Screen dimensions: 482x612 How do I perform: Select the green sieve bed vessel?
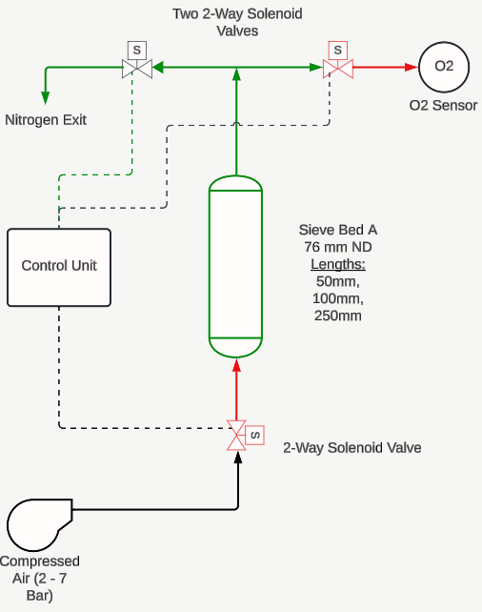235,267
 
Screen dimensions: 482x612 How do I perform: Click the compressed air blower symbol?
39,524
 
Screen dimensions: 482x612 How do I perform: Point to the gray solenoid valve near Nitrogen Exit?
137,69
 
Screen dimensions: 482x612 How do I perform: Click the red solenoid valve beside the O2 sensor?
338,69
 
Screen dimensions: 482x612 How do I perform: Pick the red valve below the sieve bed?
236,436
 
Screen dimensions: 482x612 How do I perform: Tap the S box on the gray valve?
137,51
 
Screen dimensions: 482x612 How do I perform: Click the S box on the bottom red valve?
255,436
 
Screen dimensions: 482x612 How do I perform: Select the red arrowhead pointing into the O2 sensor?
412,67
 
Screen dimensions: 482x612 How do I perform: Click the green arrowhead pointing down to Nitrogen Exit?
46,98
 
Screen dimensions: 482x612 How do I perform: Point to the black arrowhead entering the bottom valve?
238,458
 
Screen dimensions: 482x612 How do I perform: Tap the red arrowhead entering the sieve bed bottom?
236,365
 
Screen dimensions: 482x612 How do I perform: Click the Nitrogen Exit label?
46,120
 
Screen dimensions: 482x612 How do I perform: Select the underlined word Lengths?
338,264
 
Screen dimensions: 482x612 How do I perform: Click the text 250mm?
338,316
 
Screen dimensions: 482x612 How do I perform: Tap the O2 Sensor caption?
443,106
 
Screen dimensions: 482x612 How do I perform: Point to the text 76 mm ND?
338,247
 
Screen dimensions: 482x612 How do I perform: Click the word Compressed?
40,561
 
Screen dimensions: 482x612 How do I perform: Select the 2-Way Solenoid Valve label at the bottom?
352,448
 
